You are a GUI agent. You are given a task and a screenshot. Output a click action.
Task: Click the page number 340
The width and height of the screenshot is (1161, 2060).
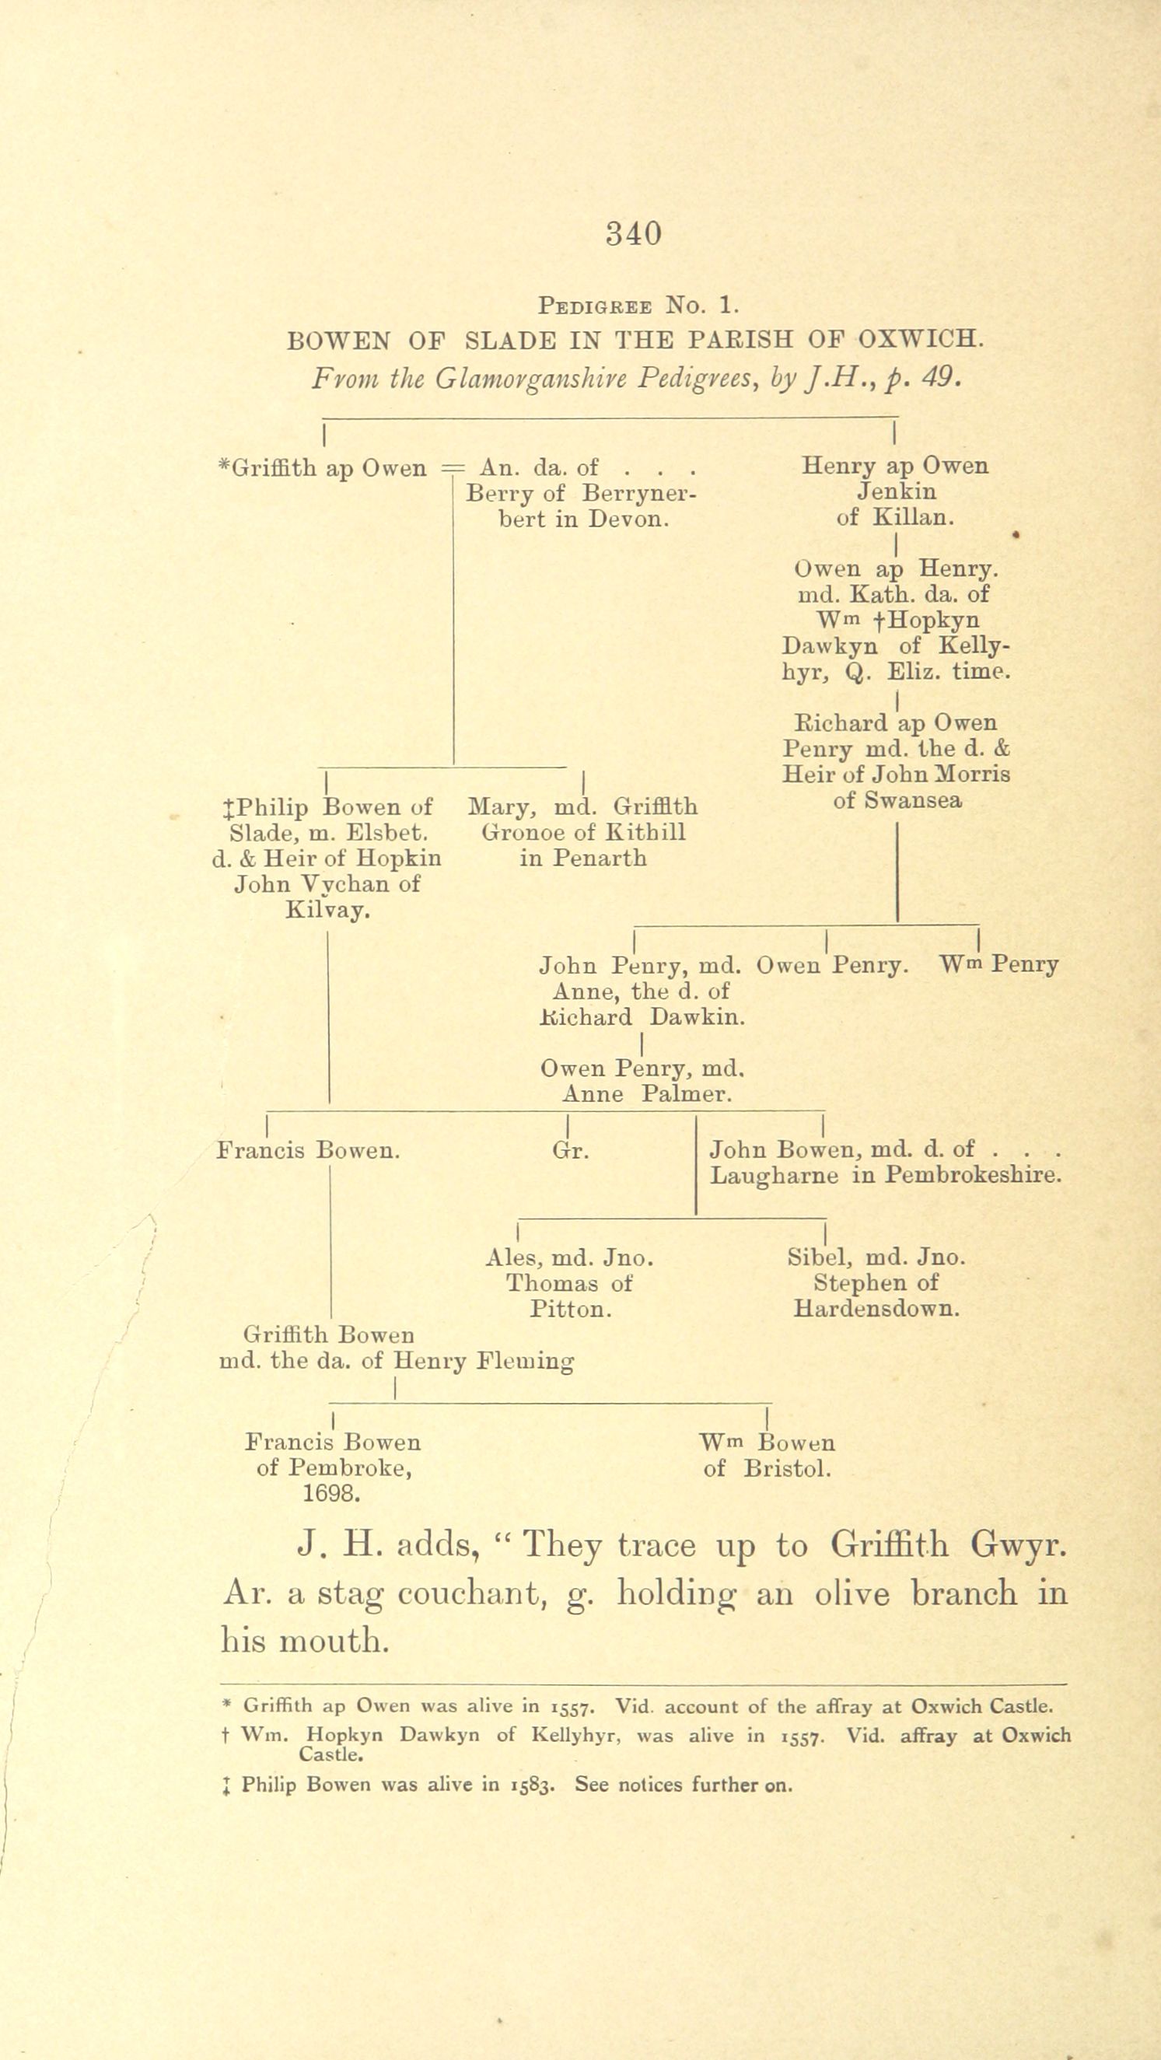[x=634, y=233]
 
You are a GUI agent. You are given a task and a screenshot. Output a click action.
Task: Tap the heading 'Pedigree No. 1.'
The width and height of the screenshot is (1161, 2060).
[x=639, y=306]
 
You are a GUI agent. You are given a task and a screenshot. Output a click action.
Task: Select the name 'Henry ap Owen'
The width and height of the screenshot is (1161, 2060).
[x=895, y=465]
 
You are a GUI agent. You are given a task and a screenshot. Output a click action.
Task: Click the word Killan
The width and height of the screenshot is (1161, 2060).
[x=913, y=517]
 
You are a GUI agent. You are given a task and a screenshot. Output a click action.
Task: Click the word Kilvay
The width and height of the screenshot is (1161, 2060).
[x=327, y=911]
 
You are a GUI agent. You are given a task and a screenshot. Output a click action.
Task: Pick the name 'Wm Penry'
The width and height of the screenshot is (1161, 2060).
[x=999, y=965]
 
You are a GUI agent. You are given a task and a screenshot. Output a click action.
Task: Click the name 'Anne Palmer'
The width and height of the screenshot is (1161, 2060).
[x=647, y=1094]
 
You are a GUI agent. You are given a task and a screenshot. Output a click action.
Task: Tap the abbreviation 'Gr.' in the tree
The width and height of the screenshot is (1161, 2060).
[x=571, y=1151]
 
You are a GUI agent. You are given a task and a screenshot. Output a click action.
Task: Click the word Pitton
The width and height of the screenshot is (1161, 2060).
[x=571, y=1310]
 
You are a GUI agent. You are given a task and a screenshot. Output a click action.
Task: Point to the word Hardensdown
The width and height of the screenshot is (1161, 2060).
[x=876, y=1309]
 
